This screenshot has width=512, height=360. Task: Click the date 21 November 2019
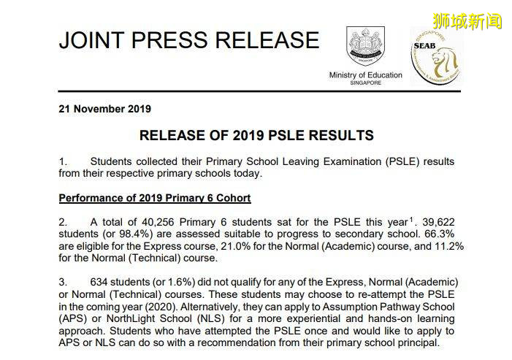(x=104, y=109)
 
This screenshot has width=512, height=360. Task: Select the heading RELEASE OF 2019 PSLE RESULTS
(x=256, y=135)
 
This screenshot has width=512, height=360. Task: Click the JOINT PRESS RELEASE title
(x=188, y=39)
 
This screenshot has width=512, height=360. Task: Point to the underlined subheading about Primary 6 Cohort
(x=154, y=198)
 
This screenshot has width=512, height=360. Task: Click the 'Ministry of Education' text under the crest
(x=365, y=75)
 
